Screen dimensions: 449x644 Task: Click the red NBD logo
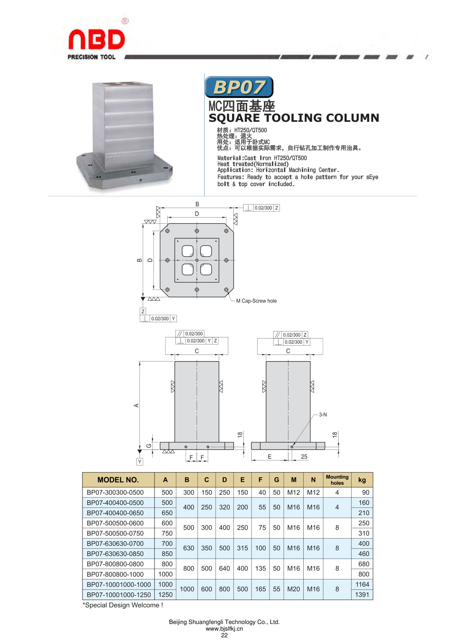(97, 39)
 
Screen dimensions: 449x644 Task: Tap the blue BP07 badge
(239, 87)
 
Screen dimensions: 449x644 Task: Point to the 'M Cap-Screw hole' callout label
(256, 301)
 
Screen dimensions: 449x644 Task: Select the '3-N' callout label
(323, 415)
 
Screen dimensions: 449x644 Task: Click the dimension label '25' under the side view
(304, 457)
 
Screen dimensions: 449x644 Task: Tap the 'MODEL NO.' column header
(118, 480)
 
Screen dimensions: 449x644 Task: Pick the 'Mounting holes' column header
(337, 480)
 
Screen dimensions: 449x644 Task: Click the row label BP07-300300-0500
(115, 493)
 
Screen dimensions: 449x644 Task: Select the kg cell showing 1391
(362, 595)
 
